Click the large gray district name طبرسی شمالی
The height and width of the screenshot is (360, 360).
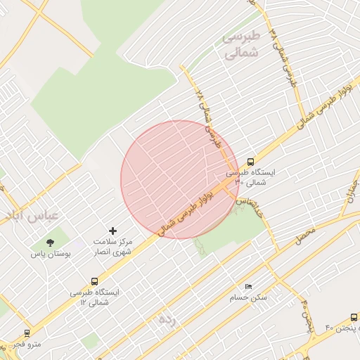point(240,44)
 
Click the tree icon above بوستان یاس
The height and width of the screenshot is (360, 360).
point(49,243)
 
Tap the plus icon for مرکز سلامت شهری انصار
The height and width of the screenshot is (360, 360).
point(112,231)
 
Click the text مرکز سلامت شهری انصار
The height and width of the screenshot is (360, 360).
point(112,247)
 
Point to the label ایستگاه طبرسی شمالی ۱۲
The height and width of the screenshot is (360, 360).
point(94,296)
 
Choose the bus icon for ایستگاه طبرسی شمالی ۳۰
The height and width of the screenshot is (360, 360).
point(251,161)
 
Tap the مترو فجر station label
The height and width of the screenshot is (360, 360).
point(28,344)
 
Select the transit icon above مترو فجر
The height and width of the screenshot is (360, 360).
point(27,333)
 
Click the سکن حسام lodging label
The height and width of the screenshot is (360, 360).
point(248,298)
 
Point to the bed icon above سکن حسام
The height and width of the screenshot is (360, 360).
point(247,287)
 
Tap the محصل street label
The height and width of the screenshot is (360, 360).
point(305,237)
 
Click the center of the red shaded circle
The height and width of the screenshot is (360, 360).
point(180,180)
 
